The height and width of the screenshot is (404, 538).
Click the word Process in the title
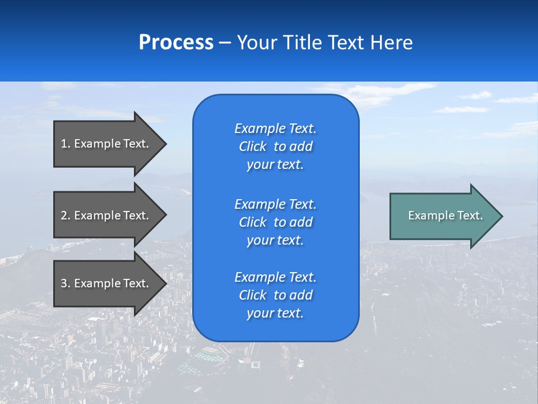coord(176,43)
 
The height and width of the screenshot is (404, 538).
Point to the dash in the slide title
coord(225,43)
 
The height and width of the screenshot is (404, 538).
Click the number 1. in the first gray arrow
coord(66,144)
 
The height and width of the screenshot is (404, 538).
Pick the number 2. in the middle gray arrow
coord(66,215)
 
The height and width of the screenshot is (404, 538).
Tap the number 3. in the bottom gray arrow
coord(66,283)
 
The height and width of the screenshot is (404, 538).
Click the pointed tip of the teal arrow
coord(502,216)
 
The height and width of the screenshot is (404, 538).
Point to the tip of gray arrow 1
coord(166,144)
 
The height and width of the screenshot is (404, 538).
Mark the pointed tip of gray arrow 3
coord(166,283)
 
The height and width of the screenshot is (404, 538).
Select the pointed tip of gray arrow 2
coord(166,215)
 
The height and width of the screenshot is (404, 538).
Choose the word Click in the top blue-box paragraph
coord(252,147)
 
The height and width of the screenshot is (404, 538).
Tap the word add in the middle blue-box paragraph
coord(302,222)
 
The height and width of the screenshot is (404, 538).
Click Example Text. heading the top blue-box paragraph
coord(275,128)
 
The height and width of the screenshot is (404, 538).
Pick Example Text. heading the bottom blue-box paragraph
coord(275,277)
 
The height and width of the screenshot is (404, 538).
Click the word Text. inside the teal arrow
coord(470,215)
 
